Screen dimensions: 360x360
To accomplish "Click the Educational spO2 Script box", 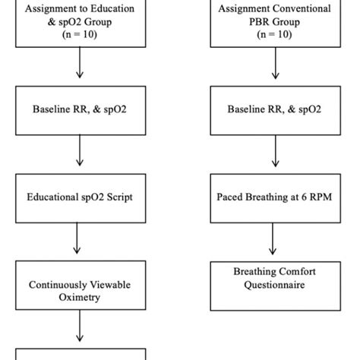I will [79, 197].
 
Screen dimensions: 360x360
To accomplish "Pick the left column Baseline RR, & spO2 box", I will [79, 109].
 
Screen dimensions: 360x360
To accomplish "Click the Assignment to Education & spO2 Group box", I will [79, 23].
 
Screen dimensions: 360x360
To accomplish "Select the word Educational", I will [54, 197].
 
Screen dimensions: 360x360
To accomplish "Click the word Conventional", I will [302, 9].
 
